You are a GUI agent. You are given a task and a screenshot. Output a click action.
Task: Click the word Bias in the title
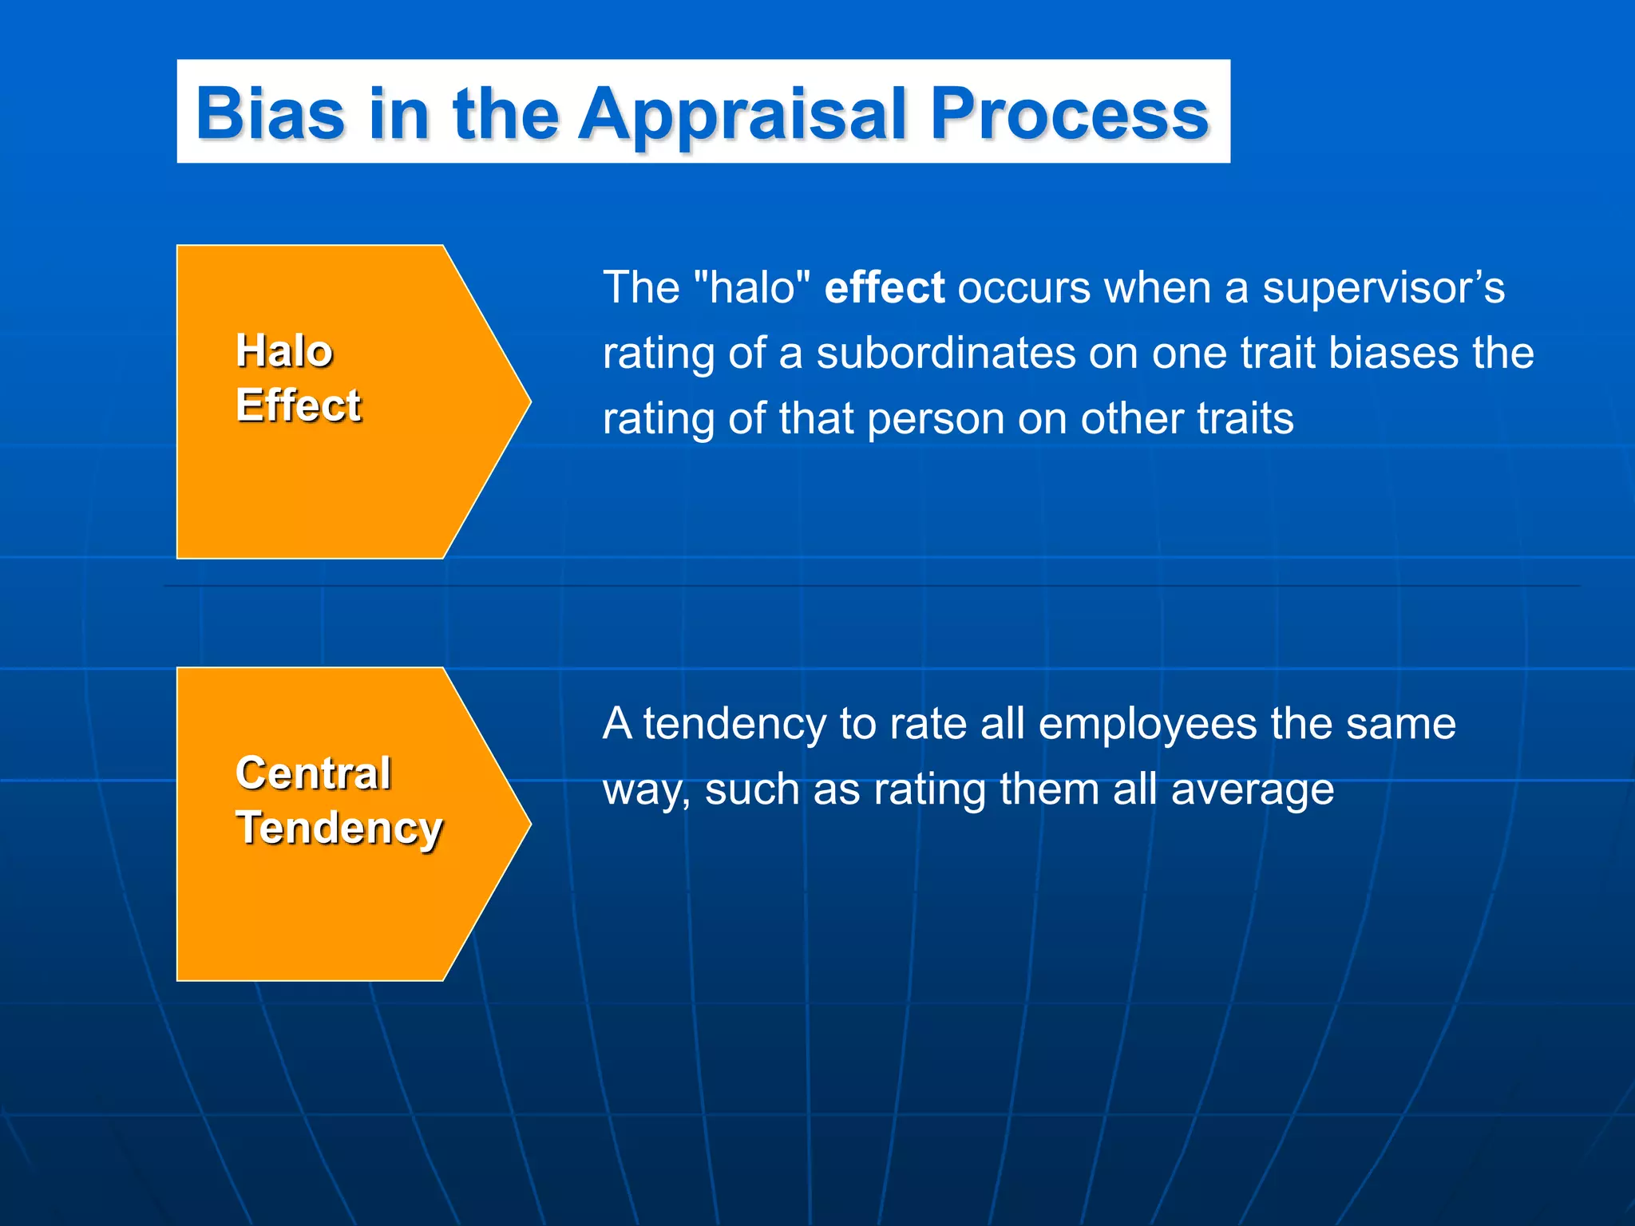point(270,113)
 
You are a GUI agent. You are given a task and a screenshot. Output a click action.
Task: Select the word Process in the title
point(1070,113)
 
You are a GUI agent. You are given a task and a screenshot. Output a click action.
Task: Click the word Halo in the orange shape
point(284,351)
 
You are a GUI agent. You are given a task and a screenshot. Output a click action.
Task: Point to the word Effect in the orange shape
point(299,405)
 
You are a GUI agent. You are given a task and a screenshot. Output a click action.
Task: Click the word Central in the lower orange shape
point(313,773)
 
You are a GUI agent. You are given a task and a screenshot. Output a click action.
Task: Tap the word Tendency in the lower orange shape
point(338,828)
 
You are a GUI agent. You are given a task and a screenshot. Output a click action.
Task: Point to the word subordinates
point(945,353)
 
